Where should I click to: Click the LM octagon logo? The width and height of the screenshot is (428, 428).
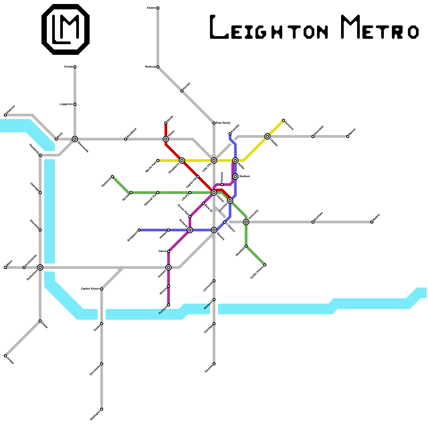pyautogui.click(x=66, y=29)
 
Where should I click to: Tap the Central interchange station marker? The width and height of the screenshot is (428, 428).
pyautogui.click(x=214, y=193)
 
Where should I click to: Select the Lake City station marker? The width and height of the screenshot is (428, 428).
pyautogui.click(x=214, y=160)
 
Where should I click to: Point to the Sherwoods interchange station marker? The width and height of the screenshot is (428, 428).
pyautogui.click(x=75, y=139)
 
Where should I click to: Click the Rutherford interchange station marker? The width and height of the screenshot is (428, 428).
pyautogui.click(x=40, y=267)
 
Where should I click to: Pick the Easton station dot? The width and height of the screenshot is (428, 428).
pyautogui.click(x=158, y=8)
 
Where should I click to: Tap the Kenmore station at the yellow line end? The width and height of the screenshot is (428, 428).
pyautogui.click(x=284, y=120)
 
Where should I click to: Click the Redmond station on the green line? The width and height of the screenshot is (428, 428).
pyautogui.click(x=112, y=177)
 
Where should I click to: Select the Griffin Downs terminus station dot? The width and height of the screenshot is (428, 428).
pyautogui.click(x=265, y=265)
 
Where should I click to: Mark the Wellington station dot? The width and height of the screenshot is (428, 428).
pyautogui.click(x=102, y=409)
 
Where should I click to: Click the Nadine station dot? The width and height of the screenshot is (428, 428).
pyautogui.click(x=372, y=222)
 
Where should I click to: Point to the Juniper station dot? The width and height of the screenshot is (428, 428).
pyautogui.click(x=5, y=356)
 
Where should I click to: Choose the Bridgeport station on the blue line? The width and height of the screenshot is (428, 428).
pyautogui.click(x=139, y=230)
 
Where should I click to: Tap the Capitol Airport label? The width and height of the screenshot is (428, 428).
pyautogui.click(x=90, y=289)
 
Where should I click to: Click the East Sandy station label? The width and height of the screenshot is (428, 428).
pyautogui.click(x=223, y=123)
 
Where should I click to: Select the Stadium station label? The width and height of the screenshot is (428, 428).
pyautogui.click(x=244, y=177)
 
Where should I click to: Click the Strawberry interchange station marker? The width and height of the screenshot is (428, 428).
pyautogui.click(x=182, y=160)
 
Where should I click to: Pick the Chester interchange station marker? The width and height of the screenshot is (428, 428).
pyautogui.click(x=267, y=136)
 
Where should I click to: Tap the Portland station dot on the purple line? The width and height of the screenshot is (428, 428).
pyautogui.click(x=169, y=305)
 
